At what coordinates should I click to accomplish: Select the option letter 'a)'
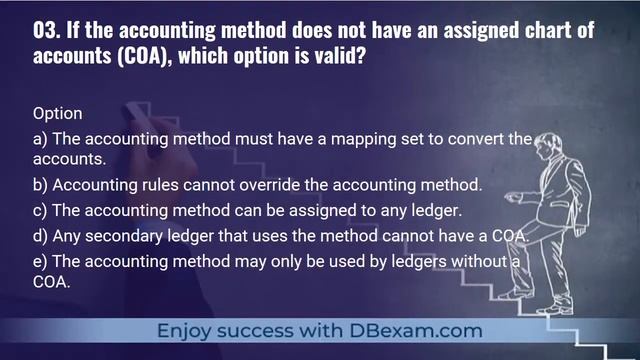pos(39,139)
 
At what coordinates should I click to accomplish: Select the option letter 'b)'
pos(39,185)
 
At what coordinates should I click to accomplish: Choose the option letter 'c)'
pos(39,211)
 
